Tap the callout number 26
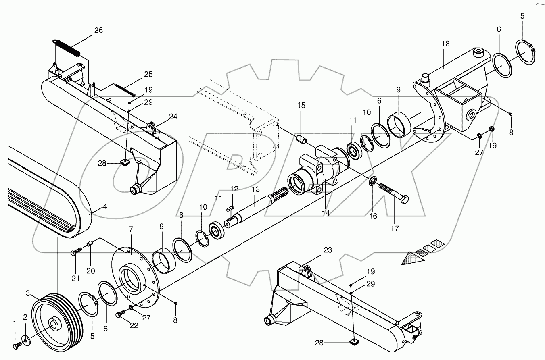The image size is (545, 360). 98,30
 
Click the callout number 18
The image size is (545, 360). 445,44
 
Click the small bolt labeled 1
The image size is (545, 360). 17,346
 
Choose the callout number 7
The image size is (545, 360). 131,229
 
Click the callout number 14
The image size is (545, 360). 326,212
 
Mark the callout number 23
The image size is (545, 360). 328,250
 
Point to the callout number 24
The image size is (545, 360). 173,117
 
